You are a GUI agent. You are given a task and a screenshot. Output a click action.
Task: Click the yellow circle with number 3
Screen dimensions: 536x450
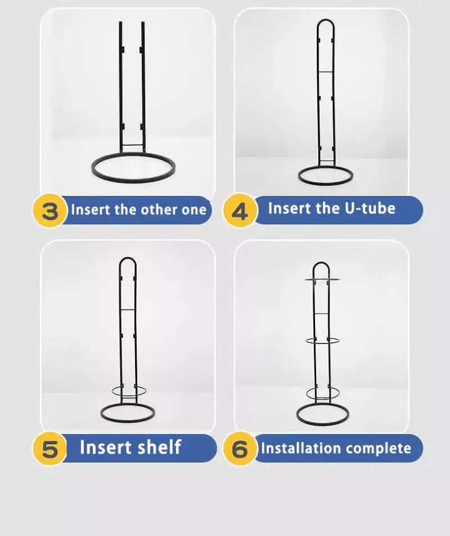pyautogui.click(x=50, y=211)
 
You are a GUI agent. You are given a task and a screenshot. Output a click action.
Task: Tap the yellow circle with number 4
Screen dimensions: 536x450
pyautogui.click(x=240, y=211)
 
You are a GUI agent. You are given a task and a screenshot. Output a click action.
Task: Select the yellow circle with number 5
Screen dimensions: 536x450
pyautogui.click(x=50, y=449)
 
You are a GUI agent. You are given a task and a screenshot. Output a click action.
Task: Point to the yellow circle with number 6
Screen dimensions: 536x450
pyautogui.click(x=240, y=449)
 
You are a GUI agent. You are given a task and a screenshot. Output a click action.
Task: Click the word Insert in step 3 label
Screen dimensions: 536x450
pyautogui.click(x=91, y=210)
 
